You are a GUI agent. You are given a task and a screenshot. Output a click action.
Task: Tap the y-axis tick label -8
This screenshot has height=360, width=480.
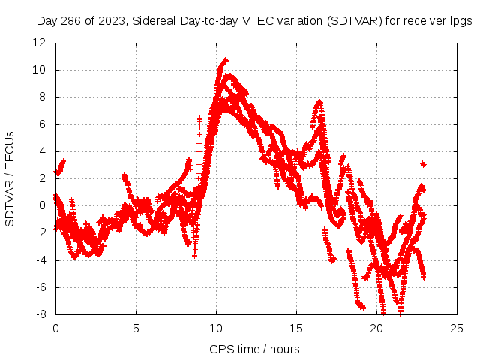[x=43, y=314]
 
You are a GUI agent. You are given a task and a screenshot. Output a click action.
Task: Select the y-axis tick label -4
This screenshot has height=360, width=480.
[x=43, y=260]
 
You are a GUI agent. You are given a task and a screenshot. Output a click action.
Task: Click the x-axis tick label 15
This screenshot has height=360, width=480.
[x=296, y=328]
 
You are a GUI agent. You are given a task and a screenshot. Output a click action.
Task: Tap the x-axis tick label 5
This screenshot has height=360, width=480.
[x=136, y=328]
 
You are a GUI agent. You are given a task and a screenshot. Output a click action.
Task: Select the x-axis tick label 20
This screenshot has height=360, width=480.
[x=377, y=328]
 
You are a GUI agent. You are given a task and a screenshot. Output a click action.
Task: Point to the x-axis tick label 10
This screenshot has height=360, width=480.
[x=216, y=328]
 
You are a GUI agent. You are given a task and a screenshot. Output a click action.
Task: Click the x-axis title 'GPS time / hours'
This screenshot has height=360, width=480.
[x=254, y=349]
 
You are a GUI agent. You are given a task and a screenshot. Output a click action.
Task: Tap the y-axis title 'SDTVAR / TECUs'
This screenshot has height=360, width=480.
[x=10, y=178]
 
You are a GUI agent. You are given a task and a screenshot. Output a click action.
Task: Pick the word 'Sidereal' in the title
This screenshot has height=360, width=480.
[x=150, y=21]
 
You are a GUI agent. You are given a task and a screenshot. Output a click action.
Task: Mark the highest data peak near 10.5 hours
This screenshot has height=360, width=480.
[x=224, y=59]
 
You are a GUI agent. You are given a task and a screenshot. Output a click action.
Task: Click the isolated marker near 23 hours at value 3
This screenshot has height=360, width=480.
[x=423, y=163]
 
